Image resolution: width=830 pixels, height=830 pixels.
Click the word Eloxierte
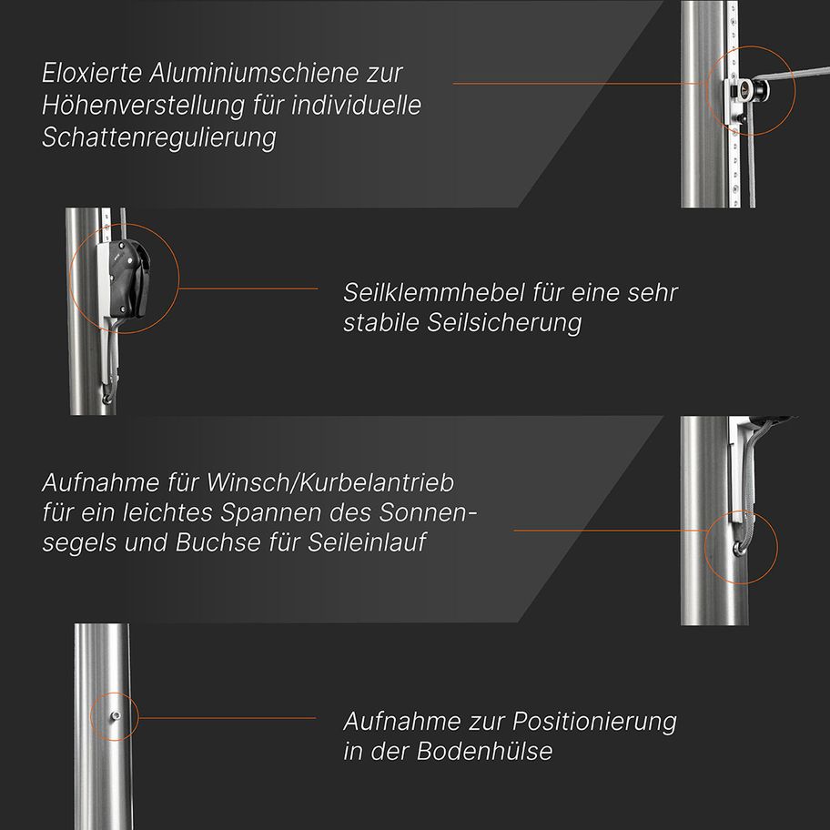pyautogui.click(x=92, y=73)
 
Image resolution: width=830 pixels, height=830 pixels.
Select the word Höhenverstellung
pyautogui.click(x=143, y=105)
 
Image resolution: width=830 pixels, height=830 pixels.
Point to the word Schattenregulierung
pyautogui.click(x=159, y=137)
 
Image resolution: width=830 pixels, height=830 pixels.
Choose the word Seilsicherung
pyautogui.click(x=504, y=322)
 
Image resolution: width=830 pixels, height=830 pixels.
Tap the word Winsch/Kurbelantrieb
pyautogui.click(x=329, y=482)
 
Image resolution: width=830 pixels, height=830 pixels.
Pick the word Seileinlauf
pyautogui.click(x=368, y=542)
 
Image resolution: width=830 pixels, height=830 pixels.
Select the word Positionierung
pyautogui.click(x=594, y=722)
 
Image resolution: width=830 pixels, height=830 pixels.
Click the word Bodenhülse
pyautogui.click(x=484, y=751)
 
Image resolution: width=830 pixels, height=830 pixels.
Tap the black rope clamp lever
pyautogui.click(x=131, y=278)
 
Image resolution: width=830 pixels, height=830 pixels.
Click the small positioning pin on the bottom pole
pyautogui.click(x=115, y=716)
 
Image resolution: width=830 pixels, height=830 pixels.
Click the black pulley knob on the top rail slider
pyautogui.click(x=763, y=90)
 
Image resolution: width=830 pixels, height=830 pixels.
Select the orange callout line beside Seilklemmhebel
pyautogui.click(x=248, y=288)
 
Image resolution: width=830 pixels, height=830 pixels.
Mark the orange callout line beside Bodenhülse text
pyautogui.click(x=228, y=718)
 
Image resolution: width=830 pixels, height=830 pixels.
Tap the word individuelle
pyautogui.click(x=356, y=105)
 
